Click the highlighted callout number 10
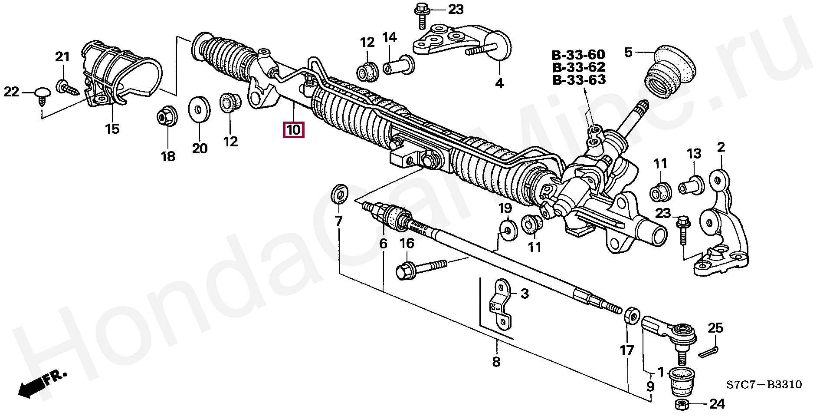[x=293, y=130]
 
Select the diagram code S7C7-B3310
[x=764, y=385]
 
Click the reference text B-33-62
[x=578, y=67]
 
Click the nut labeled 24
[x=681, y=405]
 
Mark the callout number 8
[x=496, y=361]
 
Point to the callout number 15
[x=112, y=129]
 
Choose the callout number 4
[x=499, y=83]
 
